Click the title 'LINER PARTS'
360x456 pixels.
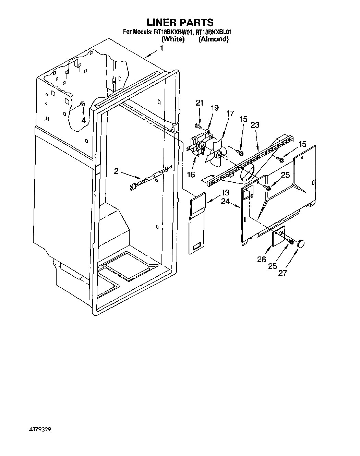tap(180, 23)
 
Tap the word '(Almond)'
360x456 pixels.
tap(213, 39)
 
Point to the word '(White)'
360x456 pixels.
tap(173, 39)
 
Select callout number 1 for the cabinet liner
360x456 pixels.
tap(161, 49)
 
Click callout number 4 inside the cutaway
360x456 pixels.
tap(83, 120)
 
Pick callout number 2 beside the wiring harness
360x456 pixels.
tap(116, 171)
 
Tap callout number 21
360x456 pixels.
tap(200, 103)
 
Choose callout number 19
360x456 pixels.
tap(214, 108)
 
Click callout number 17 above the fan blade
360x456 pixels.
tap(230, 113)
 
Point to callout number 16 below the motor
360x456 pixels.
tap(191, 175)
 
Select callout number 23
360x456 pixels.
tap(255, 125)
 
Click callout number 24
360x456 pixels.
tap(225, 202)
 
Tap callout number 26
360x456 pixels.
tap(262, 260)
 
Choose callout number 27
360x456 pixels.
tap(282, 273)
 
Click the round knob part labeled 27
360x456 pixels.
tap(301, 243)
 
